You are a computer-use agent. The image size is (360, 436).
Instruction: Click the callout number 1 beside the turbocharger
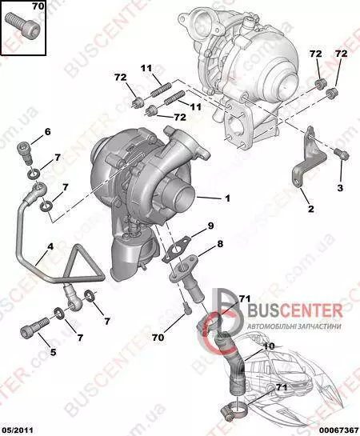coord(228,198)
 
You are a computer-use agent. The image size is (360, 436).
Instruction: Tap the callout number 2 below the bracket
coord(311,209)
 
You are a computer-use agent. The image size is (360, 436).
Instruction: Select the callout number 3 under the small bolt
coord(340,188)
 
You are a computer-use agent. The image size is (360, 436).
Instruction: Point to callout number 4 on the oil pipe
coord(50,246)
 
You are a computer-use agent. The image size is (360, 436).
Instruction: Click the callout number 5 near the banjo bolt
coord(53,352)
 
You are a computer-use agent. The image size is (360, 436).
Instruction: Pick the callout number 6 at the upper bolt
coord(47,131)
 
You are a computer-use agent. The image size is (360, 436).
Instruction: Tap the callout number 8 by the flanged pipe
coord(220,244)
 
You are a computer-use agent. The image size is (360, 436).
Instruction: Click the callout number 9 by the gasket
coord(210,226)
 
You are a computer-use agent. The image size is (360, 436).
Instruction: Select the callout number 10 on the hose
coord(269,346)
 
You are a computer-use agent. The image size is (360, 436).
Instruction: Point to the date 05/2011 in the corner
coord(17,430)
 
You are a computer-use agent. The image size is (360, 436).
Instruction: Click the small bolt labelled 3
coord(342,154)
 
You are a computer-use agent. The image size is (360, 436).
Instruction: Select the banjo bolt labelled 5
coord(34,327)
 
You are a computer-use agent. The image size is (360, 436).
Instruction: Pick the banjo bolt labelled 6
coord(25,154)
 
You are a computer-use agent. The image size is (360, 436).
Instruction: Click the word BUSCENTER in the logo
coord(295,310)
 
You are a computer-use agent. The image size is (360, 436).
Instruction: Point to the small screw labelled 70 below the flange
coord(187,309)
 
